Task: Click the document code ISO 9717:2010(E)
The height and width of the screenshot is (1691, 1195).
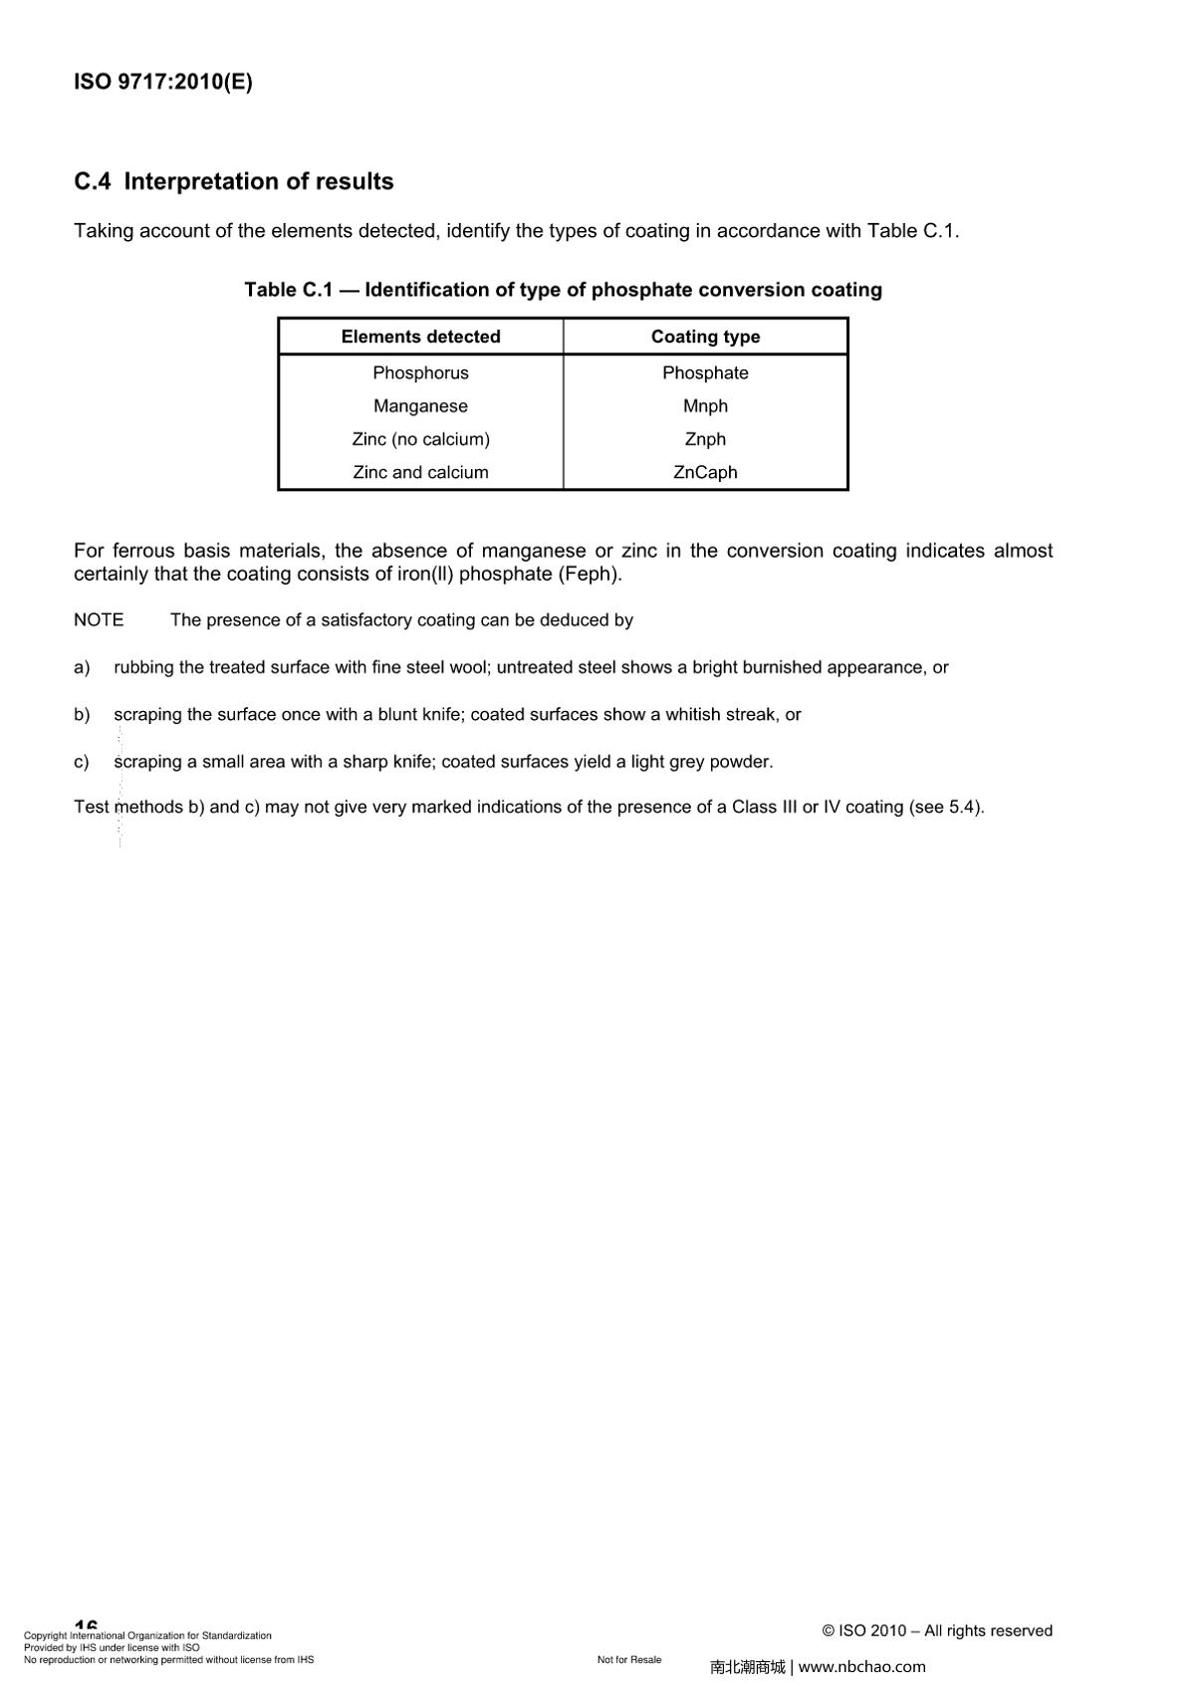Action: [x=163, y=83]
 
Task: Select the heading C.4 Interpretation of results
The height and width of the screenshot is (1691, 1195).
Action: [x=234, y=181]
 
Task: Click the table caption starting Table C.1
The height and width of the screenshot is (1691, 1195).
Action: [x=563, y=290]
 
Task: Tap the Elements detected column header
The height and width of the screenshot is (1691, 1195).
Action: [x=420, y=337]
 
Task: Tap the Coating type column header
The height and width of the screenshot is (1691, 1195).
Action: [x=705, y=337]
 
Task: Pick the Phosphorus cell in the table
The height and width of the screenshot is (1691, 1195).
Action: [x=420, y=372]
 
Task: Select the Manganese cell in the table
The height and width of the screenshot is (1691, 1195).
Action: [x=420, y=406]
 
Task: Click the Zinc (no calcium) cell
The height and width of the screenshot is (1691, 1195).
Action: [x=420, y=439]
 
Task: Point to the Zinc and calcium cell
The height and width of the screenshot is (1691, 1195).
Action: [x=420, y=472]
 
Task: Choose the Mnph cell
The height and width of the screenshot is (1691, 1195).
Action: [x=705, y=406]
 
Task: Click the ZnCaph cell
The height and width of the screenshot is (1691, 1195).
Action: [x=705, y=472]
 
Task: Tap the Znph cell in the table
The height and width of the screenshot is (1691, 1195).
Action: [x=705, y=439]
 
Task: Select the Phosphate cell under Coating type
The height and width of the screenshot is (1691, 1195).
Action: [x=705, y=372]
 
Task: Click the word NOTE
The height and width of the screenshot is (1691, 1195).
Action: [x=99, y=620]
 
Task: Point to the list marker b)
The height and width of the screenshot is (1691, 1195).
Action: [x=82, y=715]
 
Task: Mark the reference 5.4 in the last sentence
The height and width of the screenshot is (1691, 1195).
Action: [x=961, y=808]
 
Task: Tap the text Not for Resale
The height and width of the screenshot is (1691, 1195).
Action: [x=629, y=1659]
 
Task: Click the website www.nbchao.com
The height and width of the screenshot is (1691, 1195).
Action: [x=862, y=1666]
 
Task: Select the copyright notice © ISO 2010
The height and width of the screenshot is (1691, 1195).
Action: [x=863, y=1630]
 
